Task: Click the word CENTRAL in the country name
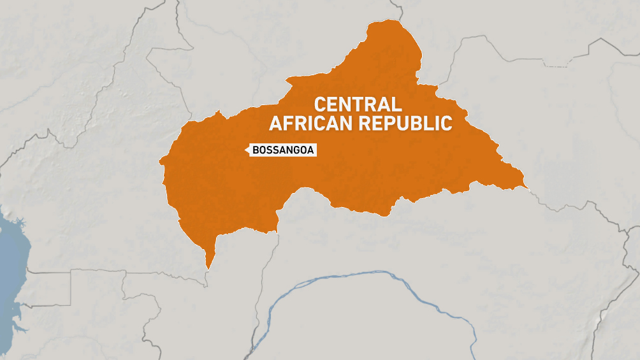pyautogui.click(x=358, y=104)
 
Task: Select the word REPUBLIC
pyautogui.click(x=405, y=123)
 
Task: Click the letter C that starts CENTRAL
pyautogui.click(x=321, y=104)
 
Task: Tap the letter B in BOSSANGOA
pyautogui.click(x=256, y=150)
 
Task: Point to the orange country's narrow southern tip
pyautogui.click(x=207, y=265)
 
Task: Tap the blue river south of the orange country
pyautogui.click(x=382, y=275)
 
